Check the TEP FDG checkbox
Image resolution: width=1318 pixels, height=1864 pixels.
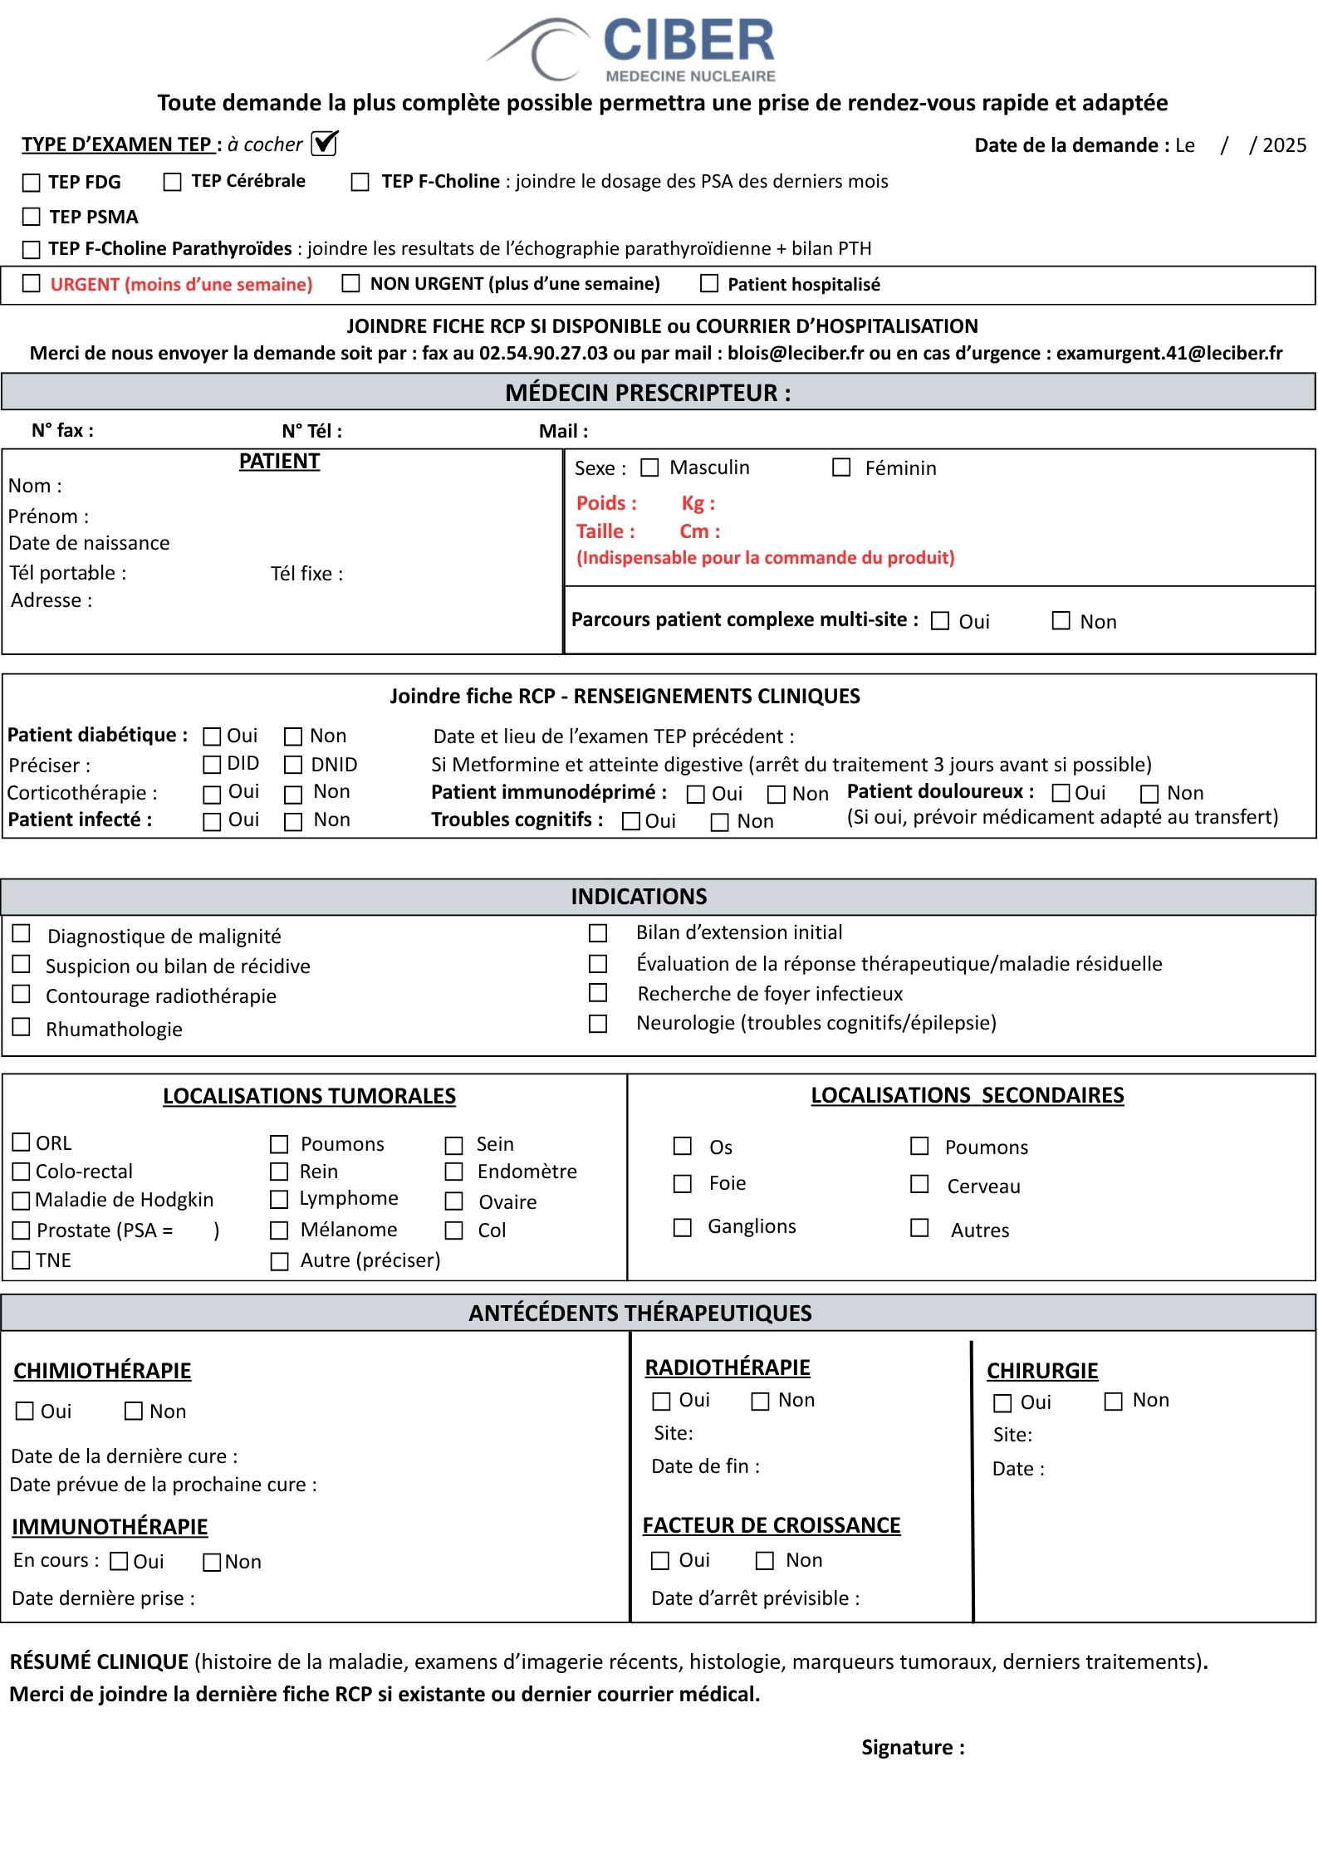(x=32, y=183)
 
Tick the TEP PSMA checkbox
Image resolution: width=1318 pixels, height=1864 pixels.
(x=32, y=217)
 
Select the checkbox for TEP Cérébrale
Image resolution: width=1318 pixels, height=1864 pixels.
(x=173, y=182)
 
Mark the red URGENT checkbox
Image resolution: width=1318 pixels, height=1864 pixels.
(x=32, y=284)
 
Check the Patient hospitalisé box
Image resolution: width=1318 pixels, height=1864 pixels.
(x=709, y=284)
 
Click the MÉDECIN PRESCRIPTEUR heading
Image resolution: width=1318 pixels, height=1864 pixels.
(x=648, y=393)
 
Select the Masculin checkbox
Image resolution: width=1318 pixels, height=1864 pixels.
(x=650, y=468)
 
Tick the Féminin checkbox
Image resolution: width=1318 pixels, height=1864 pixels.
(x=842, y=468)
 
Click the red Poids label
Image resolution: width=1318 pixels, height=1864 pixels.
(x=606, y=503)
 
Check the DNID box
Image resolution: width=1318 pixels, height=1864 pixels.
(x=293, y=764)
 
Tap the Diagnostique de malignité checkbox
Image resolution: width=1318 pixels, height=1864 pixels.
(x=22, y=934)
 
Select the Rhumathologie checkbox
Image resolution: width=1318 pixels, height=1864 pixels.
(x=22, y=1028)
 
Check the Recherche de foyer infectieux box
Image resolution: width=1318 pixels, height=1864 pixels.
(x=598, y=993)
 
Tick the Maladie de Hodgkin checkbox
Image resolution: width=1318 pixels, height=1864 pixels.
(x=22, y=1201)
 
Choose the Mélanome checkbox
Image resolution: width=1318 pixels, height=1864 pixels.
(x=280, y=1230)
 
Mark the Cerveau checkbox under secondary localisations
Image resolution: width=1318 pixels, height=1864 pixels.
(x=920, y=1185)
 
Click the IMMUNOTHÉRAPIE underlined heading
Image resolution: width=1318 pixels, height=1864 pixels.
(x=110, y=1527)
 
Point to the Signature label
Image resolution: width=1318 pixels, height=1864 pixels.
(x=913, y=1748)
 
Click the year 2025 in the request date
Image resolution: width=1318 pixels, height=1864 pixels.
(x=1284, y=145)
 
